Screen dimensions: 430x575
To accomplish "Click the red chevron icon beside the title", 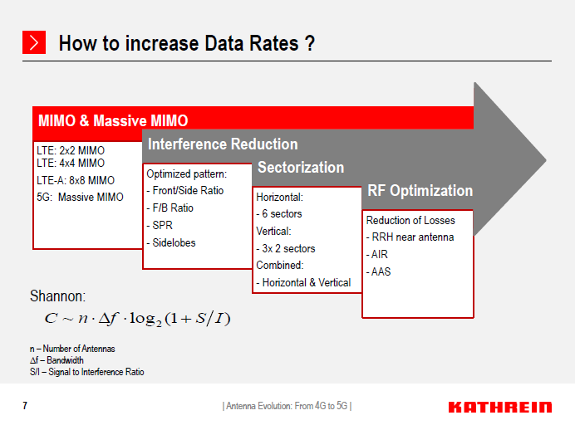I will tap(33, 42).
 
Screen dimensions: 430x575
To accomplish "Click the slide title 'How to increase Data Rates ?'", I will tap(186, 43).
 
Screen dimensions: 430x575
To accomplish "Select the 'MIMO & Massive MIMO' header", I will tap(113, 120).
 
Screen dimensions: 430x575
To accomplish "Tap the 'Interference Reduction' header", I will tap(223, 144).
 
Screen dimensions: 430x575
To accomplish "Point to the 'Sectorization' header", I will tap(301, 168).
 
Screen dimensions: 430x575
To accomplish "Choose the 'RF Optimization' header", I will tap(420, 191).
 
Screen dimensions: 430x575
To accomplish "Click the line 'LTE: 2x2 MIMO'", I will tap(71, 151).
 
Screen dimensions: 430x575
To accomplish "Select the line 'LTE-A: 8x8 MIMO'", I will tap(76, 180).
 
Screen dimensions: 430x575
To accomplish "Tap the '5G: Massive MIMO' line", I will tap(80, 197).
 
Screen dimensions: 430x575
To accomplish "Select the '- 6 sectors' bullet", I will tap(279, 214).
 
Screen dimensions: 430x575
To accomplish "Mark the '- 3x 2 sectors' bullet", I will tap(286, 248).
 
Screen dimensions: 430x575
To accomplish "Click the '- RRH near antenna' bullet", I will tap(410, 237).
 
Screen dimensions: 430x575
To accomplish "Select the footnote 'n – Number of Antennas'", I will tap(72, 349).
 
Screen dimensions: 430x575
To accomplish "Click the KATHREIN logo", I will tap(499, 407).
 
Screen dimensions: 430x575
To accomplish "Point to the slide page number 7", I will tap(25, 406).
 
